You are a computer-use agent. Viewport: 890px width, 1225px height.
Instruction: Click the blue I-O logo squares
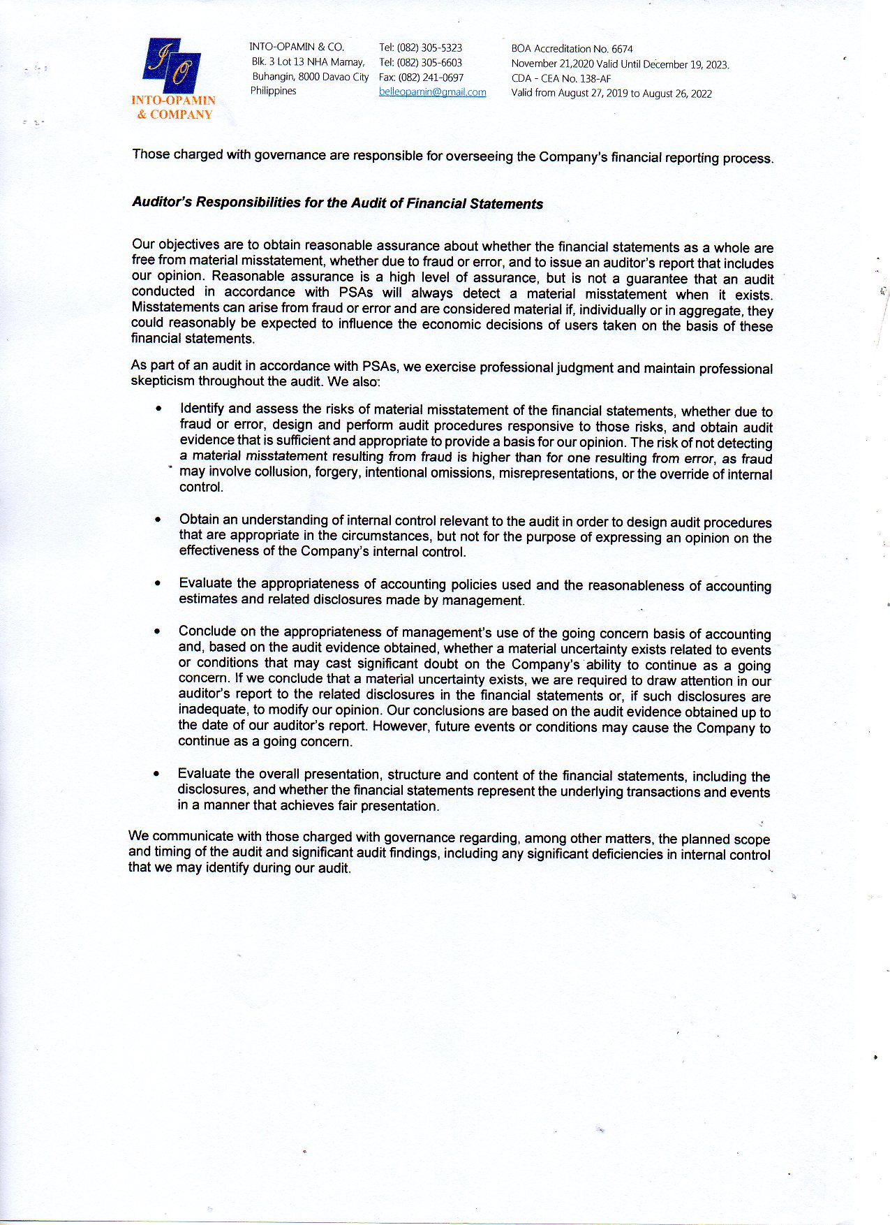coord(172,66)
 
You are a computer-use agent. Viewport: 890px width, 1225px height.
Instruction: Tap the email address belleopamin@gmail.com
coord(432,92)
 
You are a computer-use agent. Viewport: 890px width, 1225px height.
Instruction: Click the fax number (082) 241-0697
coord(431,78)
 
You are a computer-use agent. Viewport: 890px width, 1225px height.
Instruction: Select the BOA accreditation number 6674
coord(622,49)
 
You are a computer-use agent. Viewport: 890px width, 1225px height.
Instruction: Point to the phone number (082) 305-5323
coord(429,47)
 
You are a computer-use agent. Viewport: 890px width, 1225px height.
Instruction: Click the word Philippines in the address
coord(273,91)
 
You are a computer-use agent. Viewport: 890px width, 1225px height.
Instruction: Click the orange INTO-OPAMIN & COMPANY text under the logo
coord(174,108)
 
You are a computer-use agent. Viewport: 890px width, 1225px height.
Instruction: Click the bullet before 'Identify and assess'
coord(160,409)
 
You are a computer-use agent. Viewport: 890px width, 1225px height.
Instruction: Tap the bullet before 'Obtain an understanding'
coord(158,520)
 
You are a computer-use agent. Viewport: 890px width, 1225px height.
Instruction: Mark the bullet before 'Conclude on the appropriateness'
coord(158,631)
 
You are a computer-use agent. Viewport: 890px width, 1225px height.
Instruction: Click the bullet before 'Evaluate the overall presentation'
coord(156,774)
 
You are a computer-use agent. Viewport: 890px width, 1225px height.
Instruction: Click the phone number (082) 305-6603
coord(429,62)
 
